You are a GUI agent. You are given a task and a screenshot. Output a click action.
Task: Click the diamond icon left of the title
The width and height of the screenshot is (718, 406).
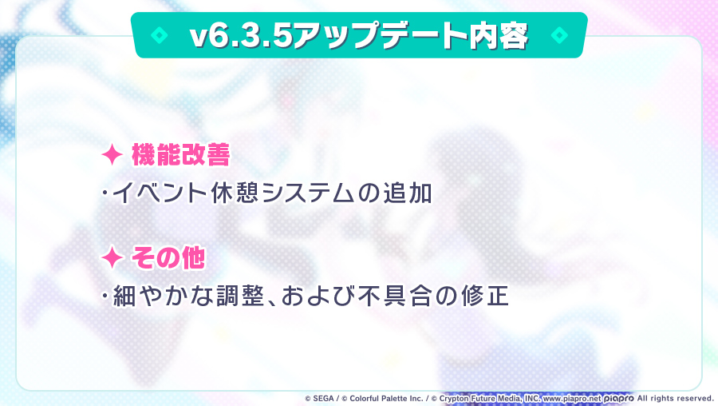(x=160, y=36)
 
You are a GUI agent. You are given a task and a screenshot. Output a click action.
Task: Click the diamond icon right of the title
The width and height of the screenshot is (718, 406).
(x=558, y=36)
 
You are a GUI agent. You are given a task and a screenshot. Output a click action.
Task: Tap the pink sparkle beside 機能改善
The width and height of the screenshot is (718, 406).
(x=112, y=155)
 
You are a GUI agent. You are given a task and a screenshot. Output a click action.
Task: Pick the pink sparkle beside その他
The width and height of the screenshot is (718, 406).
(x=112, y=257)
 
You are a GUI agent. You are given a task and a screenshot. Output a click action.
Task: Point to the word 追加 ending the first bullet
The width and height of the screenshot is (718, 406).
(x=408, y=194)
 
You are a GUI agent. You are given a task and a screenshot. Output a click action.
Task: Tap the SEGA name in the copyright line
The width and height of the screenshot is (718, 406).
(x=325, y=397)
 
